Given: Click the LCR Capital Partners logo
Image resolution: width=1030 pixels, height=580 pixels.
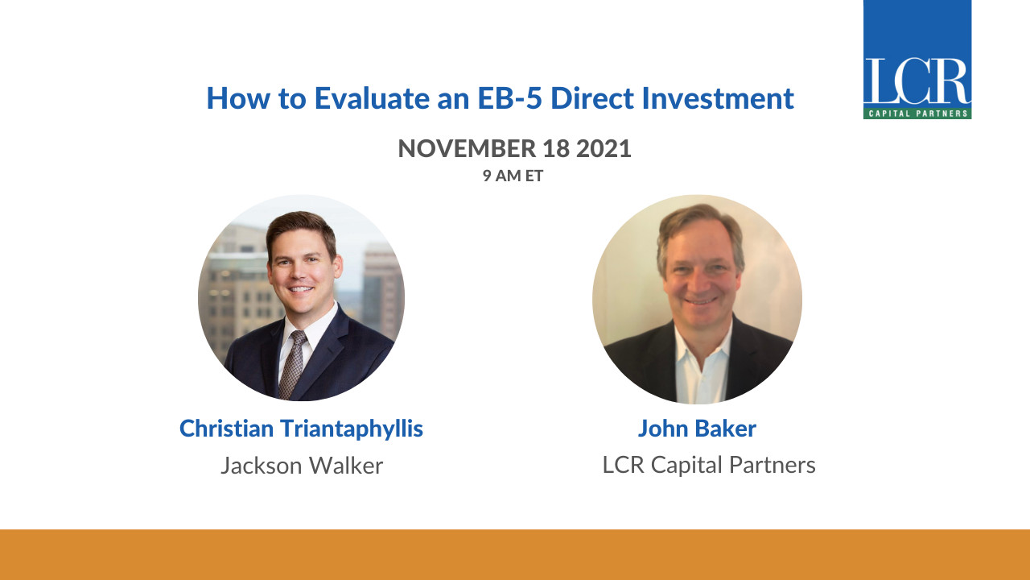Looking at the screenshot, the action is click(x=917, y=60).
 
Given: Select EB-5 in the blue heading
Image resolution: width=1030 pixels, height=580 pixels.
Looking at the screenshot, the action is click(x=509, y=98).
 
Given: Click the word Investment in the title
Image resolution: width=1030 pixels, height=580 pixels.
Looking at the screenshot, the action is click(x=718, y=98).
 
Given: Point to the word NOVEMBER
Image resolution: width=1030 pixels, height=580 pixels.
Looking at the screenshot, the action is click(x=467, y=149).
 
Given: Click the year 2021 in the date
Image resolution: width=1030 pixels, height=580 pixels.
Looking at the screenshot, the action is click(x=604, y=149).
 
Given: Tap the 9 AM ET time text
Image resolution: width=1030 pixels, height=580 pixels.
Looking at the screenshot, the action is click(x=513, y=176).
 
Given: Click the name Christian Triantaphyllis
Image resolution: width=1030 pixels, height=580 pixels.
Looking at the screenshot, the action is click(x=301, y=429).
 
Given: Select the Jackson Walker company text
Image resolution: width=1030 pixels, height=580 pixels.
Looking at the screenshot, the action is click(x=302, y=466).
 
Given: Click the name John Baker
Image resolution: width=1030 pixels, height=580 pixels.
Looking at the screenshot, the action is click(x=697, y=429).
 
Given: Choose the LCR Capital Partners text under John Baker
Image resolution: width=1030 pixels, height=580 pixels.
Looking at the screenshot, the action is click(x=709, y=465).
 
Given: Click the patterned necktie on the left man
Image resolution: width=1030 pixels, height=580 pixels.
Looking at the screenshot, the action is click(x=293, y=362).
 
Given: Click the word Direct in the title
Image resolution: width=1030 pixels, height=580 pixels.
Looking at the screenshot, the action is click(x=592, y=98).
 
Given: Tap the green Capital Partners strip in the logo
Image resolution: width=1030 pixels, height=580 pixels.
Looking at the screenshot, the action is click(x=917, y=114).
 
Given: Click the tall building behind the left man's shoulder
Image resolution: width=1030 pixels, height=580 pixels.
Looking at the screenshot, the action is click(x=381, y=290).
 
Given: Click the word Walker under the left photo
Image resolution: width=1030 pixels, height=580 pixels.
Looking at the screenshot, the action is click(x=346, y=466).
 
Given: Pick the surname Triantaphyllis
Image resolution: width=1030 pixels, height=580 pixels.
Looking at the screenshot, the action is click(x=352, y=429).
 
